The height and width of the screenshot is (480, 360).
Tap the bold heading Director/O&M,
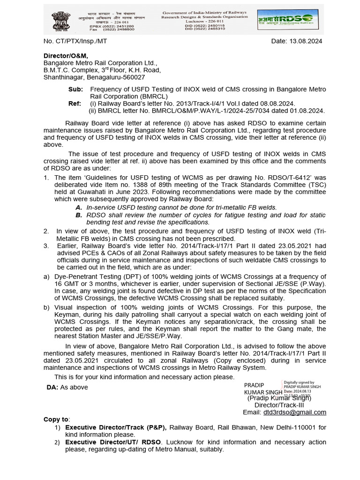[66, 56]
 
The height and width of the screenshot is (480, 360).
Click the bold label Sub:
[76, 89]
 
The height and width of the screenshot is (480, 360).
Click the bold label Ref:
[76, 103]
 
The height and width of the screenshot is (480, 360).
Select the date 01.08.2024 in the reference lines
[307, 111]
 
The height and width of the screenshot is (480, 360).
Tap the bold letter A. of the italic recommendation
[79, 207]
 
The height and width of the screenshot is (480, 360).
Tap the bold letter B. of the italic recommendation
[79, 215]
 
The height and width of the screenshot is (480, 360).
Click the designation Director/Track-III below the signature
[279, 405]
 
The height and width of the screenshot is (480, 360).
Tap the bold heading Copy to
[56, 419]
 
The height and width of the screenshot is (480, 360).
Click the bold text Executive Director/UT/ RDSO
[113, 442]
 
